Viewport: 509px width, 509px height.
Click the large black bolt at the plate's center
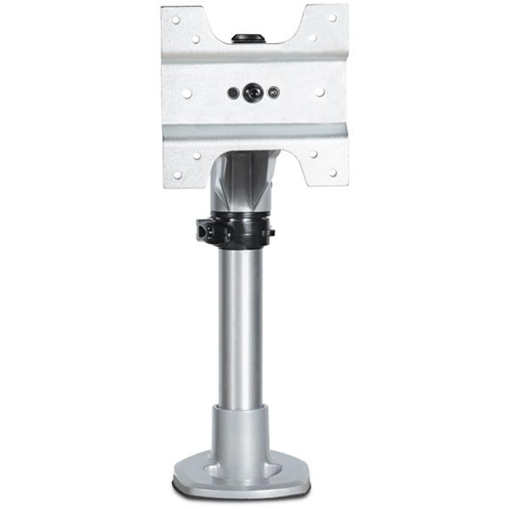click(253, 92)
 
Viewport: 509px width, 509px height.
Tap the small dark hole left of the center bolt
click(233, 92)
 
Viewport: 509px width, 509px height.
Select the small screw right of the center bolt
click(274, 92)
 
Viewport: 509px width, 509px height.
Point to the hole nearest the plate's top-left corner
click(176, 21)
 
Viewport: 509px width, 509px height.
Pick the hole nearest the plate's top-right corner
click(332, 18)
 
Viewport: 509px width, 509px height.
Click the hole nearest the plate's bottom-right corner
click(332, 172)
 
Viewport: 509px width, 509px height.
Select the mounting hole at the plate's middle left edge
click(186, 93)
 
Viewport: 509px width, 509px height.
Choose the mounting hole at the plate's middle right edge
click(320, 92)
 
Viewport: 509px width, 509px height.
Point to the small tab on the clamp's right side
click(270, 232)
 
